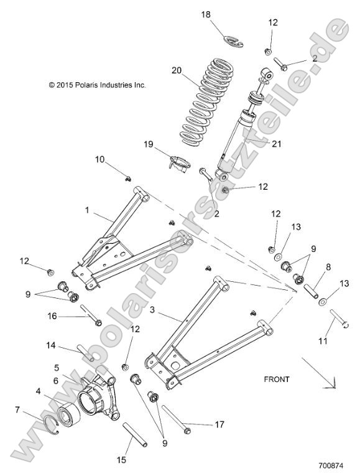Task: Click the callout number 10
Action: [100, 160]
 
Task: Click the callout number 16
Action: [52, 316]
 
